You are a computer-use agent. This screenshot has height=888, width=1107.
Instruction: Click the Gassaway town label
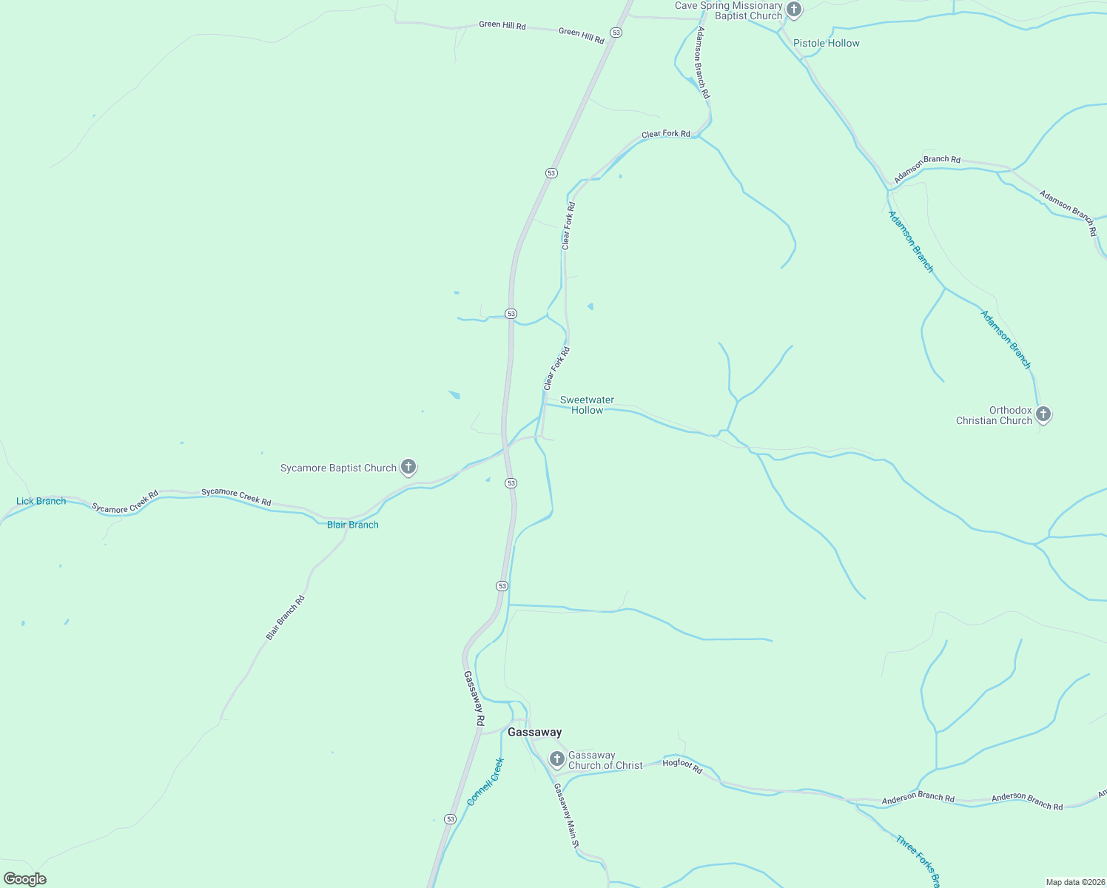534,732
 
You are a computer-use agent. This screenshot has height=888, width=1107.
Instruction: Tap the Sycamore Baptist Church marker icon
408,467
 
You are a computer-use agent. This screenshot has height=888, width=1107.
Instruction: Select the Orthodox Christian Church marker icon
1043,414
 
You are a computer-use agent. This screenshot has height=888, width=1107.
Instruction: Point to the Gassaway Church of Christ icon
557,758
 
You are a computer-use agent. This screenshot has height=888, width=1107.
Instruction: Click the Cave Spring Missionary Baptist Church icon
794,10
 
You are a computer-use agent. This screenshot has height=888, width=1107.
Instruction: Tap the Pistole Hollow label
826,43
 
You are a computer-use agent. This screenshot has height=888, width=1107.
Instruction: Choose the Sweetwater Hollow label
587,405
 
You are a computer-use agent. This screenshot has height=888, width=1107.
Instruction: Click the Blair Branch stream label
353,525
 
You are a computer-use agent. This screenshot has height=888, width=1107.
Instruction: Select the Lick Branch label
41,501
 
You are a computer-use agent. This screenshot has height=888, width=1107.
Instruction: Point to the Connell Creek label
485,781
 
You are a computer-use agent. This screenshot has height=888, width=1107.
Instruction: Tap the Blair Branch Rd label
286,618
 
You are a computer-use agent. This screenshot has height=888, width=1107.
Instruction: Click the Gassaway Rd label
474,698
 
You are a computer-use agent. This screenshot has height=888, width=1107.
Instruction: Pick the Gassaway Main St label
566,815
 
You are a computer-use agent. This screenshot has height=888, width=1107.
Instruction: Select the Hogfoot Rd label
682,766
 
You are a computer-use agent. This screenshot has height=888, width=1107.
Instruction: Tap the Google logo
25,879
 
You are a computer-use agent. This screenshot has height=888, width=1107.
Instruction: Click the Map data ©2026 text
1075,882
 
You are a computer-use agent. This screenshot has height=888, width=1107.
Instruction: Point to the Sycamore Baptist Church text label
338,468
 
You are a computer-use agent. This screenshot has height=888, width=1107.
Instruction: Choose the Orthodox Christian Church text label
994,415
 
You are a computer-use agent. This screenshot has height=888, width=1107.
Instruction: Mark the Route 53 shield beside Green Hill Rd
616,33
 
